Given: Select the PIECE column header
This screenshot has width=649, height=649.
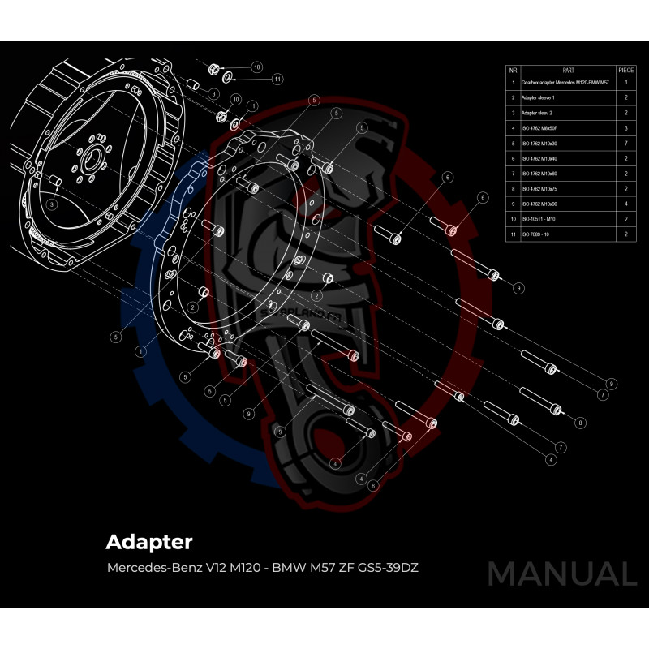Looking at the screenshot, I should click(626, 70).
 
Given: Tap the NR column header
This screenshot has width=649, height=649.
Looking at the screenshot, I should click(513, 70).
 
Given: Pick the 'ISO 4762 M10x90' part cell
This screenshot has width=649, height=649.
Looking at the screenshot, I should click(544, 204).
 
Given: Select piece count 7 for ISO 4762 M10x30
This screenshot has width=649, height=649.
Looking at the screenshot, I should click(626, 143).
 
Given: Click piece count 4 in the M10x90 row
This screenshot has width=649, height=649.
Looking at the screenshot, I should click(626, 204).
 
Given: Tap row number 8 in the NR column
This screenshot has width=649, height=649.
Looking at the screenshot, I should click(513, 188).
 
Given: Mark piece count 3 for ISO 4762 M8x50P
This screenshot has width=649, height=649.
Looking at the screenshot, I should click(626, 128).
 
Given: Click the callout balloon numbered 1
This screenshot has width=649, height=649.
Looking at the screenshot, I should click(140, 351).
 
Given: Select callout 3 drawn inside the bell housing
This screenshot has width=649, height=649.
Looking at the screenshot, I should click(51, 205).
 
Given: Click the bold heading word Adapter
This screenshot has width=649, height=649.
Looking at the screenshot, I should click(149, 540).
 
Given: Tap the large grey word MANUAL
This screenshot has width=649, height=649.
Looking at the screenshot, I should click(561, 574).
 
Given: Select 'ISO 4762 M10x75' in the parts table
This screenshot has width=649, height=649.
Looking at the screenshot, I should click(544, 188).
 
